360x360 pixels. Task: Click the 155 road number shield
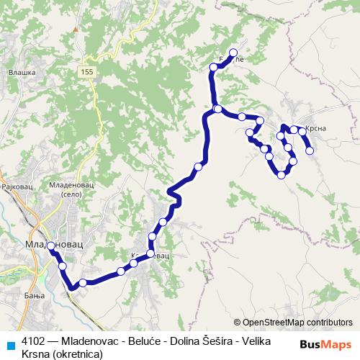coord(87,71)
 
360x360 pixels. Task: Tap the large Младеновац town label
coord(53,246)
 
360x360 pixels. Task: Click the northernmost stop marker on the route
coord(233,52)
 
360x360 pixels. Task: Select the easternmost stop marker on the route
coord(310,150)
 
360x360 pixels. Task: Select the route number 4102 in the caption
coord(34,341)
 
